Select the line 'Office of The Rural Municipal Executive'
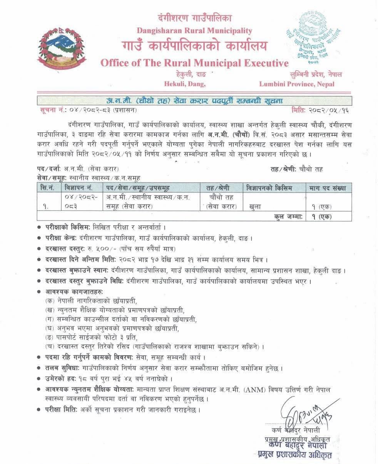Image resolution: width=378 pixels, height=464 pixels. pos(194,63)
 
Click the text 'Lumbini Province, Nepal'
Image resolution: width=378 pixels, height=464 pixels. pos(296,84)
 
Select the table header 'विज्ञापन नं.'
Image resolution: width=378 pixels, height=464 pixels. pos(79,188)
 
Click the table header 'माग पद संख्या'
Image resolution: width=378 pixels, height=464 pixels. pos(328,188)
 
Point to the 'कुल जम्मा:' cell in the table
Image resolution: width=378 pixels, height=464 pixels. pos(287,216)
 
